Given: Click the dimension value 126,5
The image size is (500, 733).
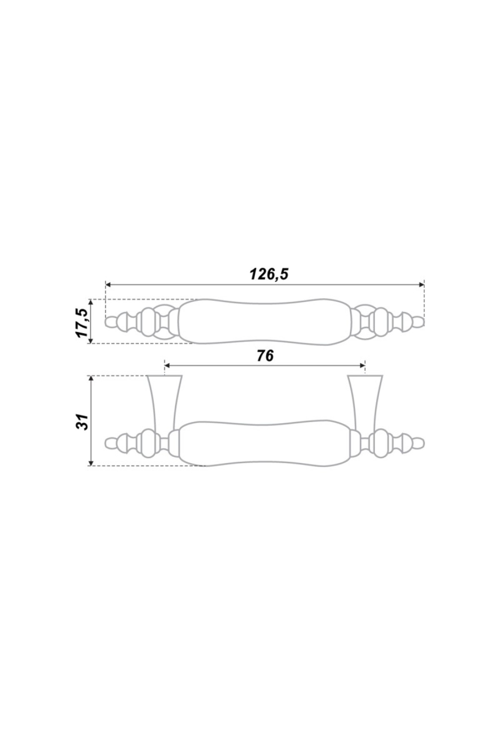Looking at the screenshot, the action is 269,274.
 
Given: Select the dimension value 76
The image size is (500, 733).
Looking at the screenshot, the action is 265,356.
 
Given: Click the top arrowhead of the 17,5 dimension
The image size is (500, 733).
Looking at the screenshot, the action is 91,302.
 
